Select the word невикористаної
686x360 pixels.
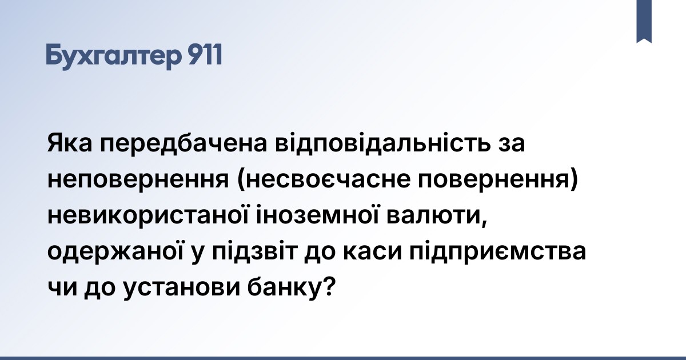point(148,216)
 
